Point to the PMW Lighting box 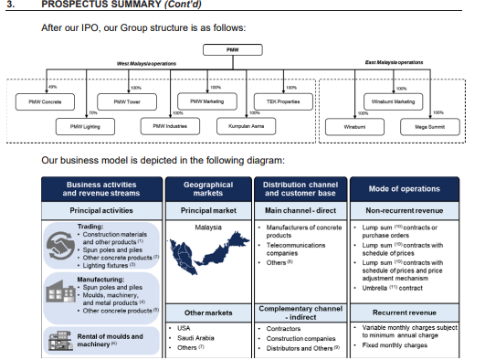(x=79, y=125)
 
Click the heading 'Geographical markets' (x=208, y=189)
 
